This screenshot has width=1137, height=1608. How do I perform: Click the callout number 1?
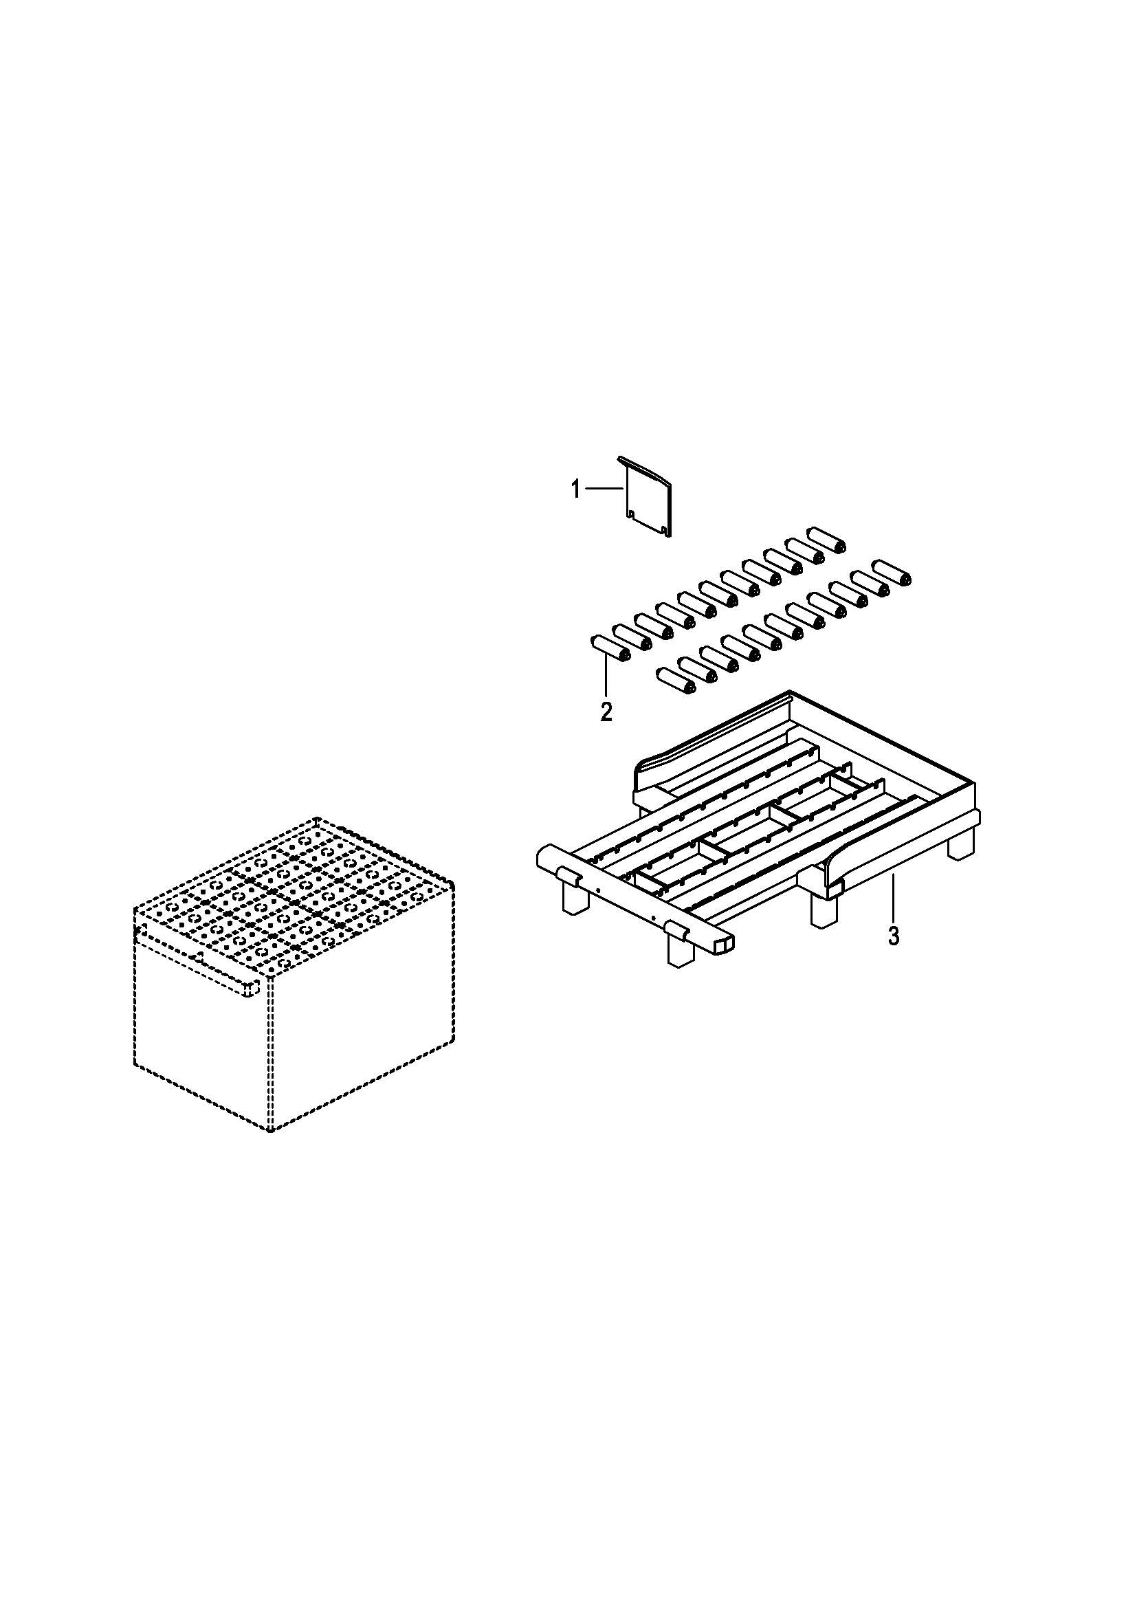tap(575, 489)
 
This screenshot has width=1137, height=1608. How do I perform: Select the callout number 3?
tap(894, 937)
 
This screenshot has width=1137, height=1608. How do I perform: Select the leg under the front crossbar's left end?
tap(575, 899)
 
